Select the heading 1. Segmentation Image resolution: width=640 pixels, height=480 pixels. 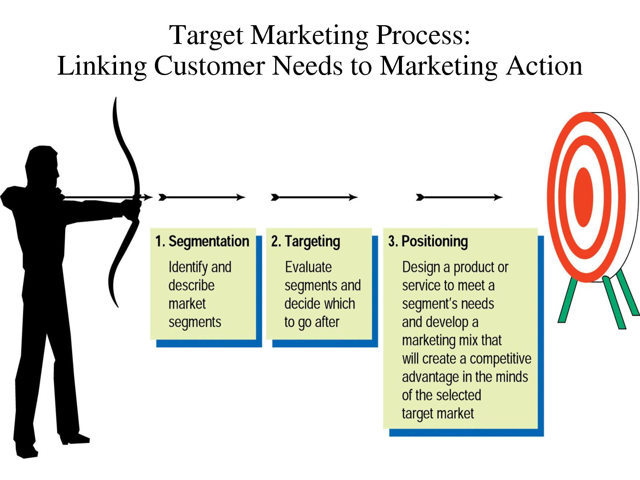tap(202, 241)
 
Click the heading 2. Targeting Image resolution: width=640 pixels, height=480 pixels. tap(305, 241)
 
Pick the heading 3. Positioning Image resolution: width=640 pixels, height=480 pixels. tap(428, 241)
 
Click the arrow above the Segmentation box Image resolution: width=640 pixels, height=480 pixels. tap(202, 197)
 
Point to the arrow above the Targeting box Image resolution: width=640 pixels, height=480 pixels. tap(314, 197)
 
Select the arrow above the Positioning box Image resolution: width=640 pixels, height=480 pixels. tap(459, 197)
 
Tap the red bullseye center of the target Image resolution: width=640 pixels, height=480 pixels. tap(583, 197)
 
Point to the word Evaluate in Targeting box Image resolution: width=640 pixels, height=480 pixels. tap(308, 268)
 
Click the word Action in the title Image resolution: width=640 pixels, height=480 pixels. tap(544, 67)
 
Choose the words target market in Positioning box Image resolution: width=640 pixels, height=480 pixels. tap(438, 413)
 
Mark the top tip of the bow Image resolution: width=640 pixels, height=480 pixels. tap(116, 99)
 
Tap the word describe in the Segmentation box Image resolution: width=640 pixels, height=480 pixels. tap(191, 285)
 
